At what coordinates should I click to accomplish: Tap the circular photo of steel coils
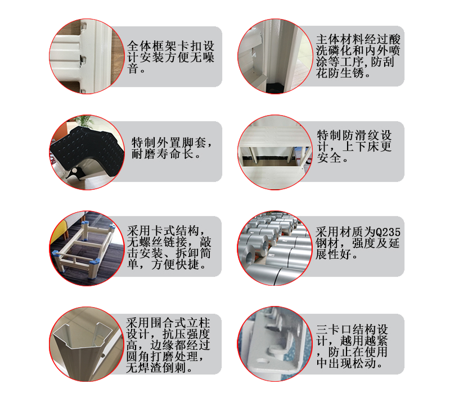(274, 248)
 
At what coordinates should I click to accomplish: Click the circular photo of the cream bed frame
(87, 248)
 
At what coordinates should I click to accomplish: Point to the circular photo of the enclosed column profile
(87, 344)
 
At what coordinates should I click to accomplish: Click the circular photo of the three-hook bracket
(274, 344)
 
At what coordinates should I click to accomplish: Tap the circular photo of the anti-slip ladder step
(274, 152)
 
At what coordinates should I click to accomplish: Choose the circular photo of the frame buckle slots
(87, 57)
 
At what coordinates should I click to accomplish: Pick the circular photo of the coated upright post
(274, 57)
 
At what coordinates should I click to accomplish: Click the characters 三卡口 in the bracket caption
(334, 330)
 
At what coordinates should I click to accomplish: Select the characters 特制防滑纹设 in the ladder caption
(354, 135)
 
